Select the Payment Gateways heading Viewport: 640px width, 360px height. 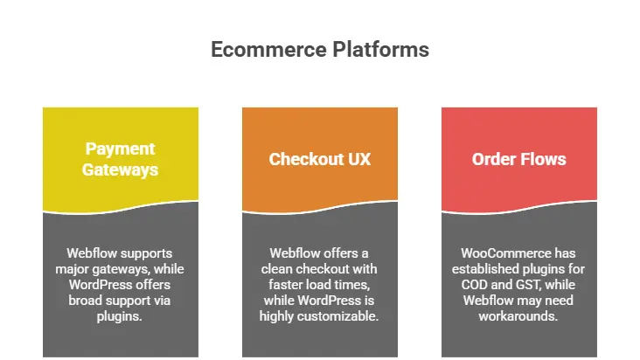pos(121,159)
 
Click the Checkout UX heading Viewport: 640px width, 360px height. pos(319,159)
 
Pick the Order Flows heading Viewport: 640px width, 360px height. pos(518,159)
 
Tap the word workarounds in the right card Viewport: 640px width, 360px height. pos(518,315)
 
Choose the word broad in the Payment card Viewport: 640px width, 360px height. pos(95,300)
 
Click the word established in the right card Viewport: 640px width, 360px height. pos(497,268)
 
